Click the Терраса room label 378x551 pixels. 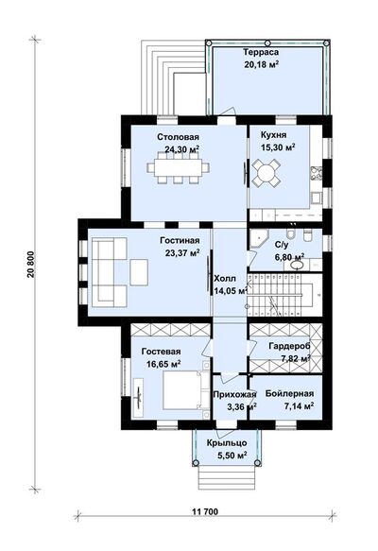[261, 52]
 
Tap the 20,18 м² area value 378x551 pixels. [262, 64]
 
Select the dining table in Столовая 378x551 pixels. [178, 167]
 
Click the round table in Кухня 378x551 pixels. [266, 173]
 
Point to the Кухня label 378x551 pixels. [273, 135]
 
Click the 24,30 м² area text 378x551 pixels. [182, 149]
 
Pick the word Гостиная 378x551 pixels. [180, 241]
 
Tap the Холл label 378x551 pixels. [225, 279]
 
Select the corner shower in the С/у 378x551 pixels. [258, 239]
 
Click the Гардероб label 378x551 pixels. [289, 346]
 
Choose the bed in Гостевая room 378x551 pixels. [183, 390]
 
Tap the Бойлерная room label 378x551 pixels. [289, 393]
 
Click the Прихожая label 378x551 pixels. [234, 395]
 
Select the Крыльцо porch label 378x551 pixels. [227, 443]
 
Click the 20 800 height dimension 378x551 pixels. [31, 265]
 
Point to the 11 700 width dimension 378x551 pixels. [205, 511]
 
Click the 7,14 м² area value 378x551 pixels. [299, 406]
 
